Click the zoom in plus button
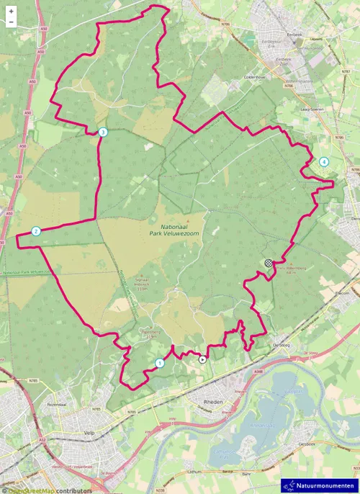(12, 12)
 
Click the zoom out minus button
(12, 22)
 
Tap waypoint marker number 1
(159, 362)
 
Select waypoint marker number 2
(35, 231)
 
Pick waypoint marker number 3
(103, 132)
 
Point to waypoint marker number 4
(324, 162)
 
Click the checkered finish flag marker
(269, 264)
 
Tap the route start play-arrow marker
(202, 358)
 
